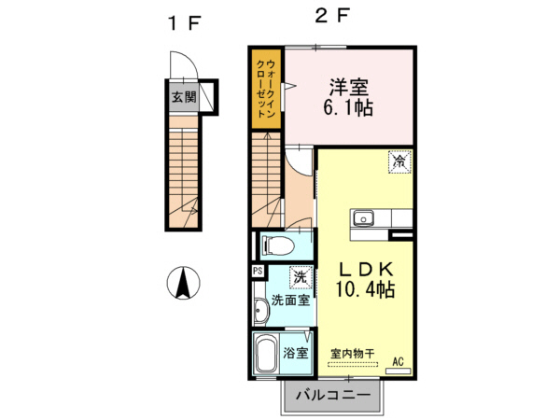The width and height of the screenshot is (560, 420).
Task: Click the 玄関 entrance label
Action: [183, 96]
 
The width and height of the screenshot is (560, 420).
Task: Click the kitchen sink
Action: [362, 219]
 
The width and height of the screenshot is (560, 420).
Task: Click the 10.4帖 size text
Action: [363, 290]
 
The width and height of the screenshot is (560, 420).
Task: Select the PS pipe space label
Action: [257, 271]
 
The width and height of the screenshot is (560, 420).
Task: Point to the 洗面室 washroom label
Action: [289, 301]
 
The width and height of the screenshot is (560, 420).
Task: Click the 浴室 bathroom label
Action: [296, 353]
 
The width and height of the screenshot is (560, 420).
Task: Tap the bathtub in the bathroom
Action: [266, 355]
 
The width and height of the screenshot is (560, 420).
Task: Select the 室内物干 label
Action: [352, 354]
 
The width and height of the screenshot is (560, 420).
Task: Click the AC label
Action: [398, 361]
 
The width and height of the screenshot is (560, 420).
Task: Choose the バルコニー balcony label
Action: [333, 397]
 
